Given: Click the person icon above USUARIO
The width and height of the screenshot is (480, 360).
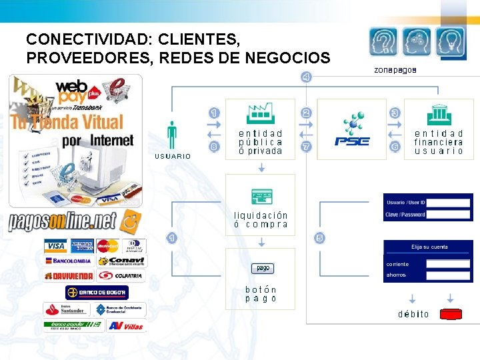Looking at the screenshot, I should point(172,134).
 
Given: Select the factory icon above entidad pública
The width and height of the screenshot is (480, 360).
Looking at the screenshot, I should point(260,113).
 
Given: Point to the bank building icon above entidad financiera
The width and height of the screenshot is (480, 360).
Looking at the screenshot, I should point(438,114).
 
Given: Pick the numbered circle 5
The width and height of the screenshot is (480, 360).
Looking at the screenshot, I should point(319,238).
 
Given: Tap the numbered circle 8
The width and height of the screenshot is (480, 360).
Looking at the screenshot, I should point(214,147).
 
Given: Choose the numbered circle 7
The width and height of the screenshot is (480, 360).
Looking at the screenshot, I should point(306,147).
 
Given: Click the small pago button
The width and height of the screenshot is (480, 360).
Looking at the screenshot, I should point(263,268).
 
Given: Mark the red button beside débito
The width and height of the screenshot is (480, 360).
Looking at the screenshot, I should point(453,313).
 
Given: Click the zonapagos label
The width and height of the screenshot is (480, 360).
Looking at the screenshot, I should point(395,69).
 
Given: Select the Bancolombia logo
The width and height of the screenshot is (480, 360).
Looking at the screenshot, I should point(68,261).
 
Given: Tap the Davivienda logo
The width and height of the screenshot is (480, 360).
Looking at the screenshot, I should point(68,275).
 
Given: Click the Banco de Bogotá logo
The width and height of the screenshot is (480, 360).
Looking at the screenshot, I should point(97,292).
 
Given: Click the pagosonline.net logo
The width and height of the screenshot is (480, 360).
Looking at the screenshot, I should point(73,221).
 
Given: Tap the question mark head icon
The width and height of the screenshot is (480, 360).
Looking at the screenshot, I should point(384,43).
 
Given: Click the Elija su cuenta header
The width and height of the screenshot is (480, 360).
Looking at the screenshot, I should point(429,247).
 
